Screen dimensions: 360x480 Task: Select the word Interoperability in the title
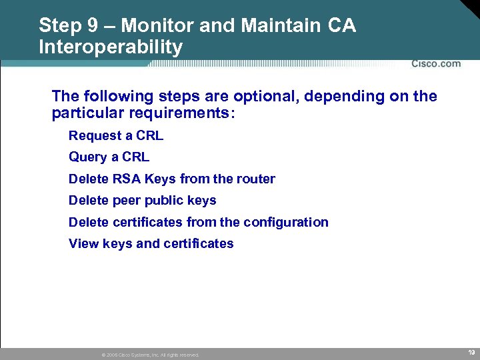(x=111, y=47)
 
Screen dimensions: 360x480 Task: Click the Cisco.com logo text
(x=436, y=64)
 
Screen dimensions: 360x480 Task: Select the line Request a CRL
(x=116, y=136)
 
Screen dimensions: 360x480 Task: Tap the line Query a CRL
(x=109, y=157)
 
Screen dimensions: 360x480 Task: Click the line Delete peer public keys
(x=142, y=200)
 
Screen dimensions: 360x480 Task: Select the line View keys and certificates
(x=151, y=243)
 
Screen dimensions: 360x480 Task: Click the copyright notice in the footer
(x=150, y=355)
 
